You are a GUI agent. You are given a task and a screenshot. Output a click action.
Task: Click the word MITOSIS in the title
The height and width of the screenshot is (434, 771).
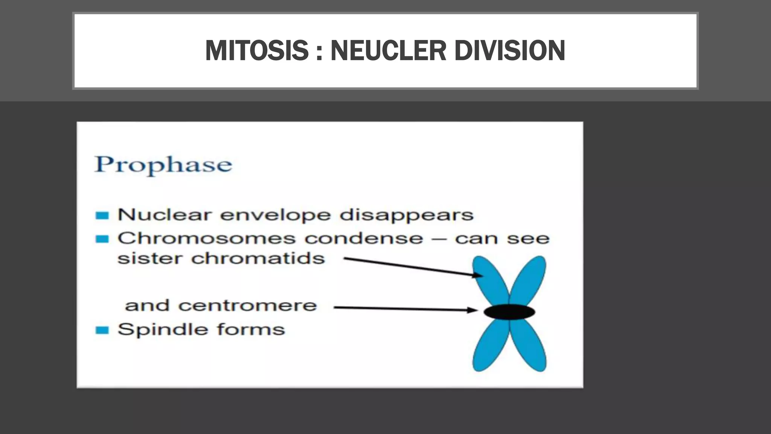click(257, 50)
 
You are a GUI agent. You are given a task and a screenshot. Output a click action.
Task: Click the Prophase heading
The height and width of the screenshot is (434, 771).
click(163, 165)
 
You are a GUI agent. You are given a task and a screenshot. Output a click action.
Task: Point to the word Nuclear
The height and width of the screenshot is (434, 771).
click(164, 215)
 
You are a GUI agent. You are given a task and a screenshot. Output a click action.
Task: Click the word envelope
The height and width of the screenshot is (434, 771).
click(275, 215)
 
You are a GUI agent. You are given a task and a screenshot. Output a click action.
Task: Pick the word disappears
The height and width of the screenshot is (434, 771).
click(406, 215)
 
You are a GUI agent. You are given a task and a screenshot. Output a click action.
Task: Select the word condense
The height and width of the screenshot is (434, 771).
click(364, 238)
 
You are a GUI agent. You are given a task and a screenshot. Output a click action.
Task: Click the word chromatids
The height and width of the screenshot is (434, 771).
click(258, 259)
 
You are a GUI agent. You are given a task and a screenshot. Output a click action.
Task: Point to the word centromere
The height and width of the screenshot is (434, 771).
click(247, 306)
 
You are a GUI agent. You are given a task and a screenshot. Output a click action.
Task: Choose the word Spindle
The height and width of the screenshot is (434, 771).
click(162, 330)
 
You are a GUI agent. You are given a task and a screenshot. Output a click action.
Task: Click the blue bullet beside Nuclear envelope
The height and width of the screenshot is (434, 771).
click(102, 215)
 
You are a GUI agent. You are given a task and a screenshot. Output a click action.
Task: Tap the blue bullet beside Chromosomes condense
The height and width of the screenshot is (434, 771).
click(102, 239)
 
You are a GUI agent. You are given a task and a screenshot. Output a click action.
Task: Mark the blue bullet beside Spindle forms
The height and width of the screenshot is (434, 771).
click(102, 330)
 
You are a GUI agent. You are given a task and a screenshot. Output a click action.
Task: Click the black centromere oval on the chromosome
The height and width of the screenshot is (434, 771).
click(509, 312)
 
